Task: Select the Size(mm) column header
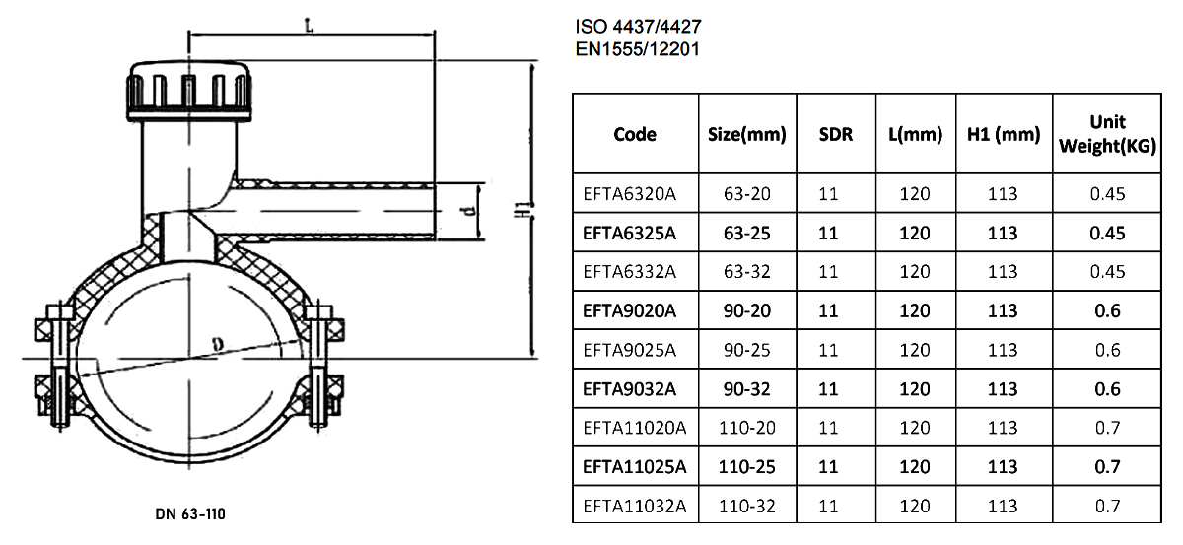click(x=747, y=135)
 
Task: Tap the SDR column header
click(x=836, y=135)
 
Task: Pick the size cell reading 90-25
click(x=747, y=350)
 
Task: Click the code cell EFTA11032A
click(x=634, y=507)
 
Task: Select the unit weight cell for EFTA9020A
click(x=1107, y=310)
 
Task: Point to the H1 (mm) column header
click(x=1003, y=135)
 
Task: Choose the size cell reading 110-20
click(x=747, y=428)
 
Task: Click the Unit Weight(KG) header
click(x=1107, y=134)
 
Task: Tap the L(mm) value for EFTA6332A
click(x=915, y=272)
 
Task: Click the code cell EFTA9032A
click(x=629, y=388)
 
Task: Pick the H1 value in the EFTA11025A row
click(x=1003, y=467)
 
